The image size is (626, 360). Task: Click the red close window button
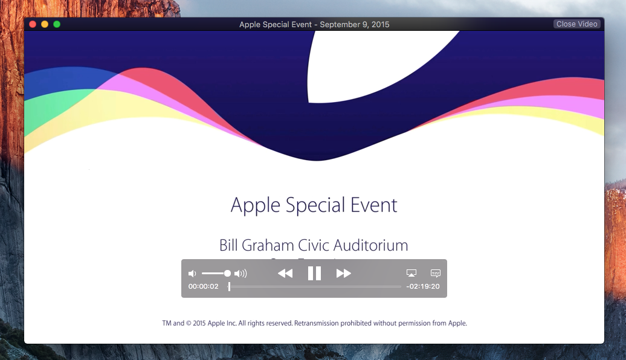click(x=33, y=24)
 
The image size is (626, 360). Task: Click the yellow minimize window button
click(x=45, y=24)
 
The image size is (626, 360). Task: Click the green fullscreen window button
click(x=57, y=24)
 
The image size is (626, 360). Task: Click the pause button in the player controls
click(x=314, y=274)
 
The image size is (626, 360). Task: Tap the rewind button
click(x=285, y=274)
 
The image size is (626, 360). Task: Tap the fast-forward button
click(x=343, y=274)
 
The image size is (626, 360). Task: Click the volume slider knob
click(x=227, y=274)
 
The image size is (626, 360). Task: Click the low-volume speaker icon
click(x=192, y=274)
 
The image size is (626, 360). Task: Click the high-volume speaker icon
click(x=240, y=274)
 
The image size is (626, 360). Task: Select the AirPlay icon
click(x=411, y=274)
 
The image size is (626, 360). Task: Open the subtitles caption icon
click(x=436, y=274)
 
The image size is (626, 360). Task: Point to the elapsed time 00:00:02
click(x=204, y=286)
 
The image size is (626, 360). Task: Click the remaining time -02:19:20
click(x=423, y=287)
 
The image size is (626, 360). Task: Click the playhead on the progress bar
click(x=229, y=286)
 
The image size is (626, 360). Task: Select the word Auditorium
click(x=369, y=246)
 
